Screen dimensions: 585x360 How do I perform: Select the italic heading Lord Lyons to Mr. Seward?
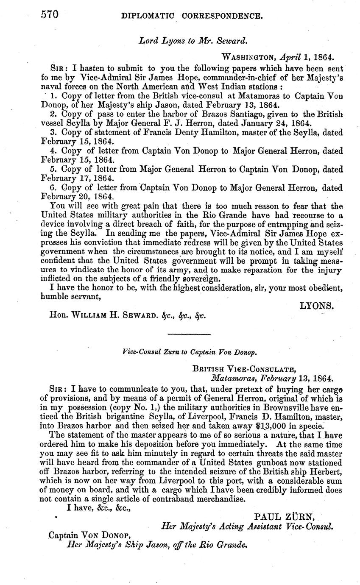click(193, 41)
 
